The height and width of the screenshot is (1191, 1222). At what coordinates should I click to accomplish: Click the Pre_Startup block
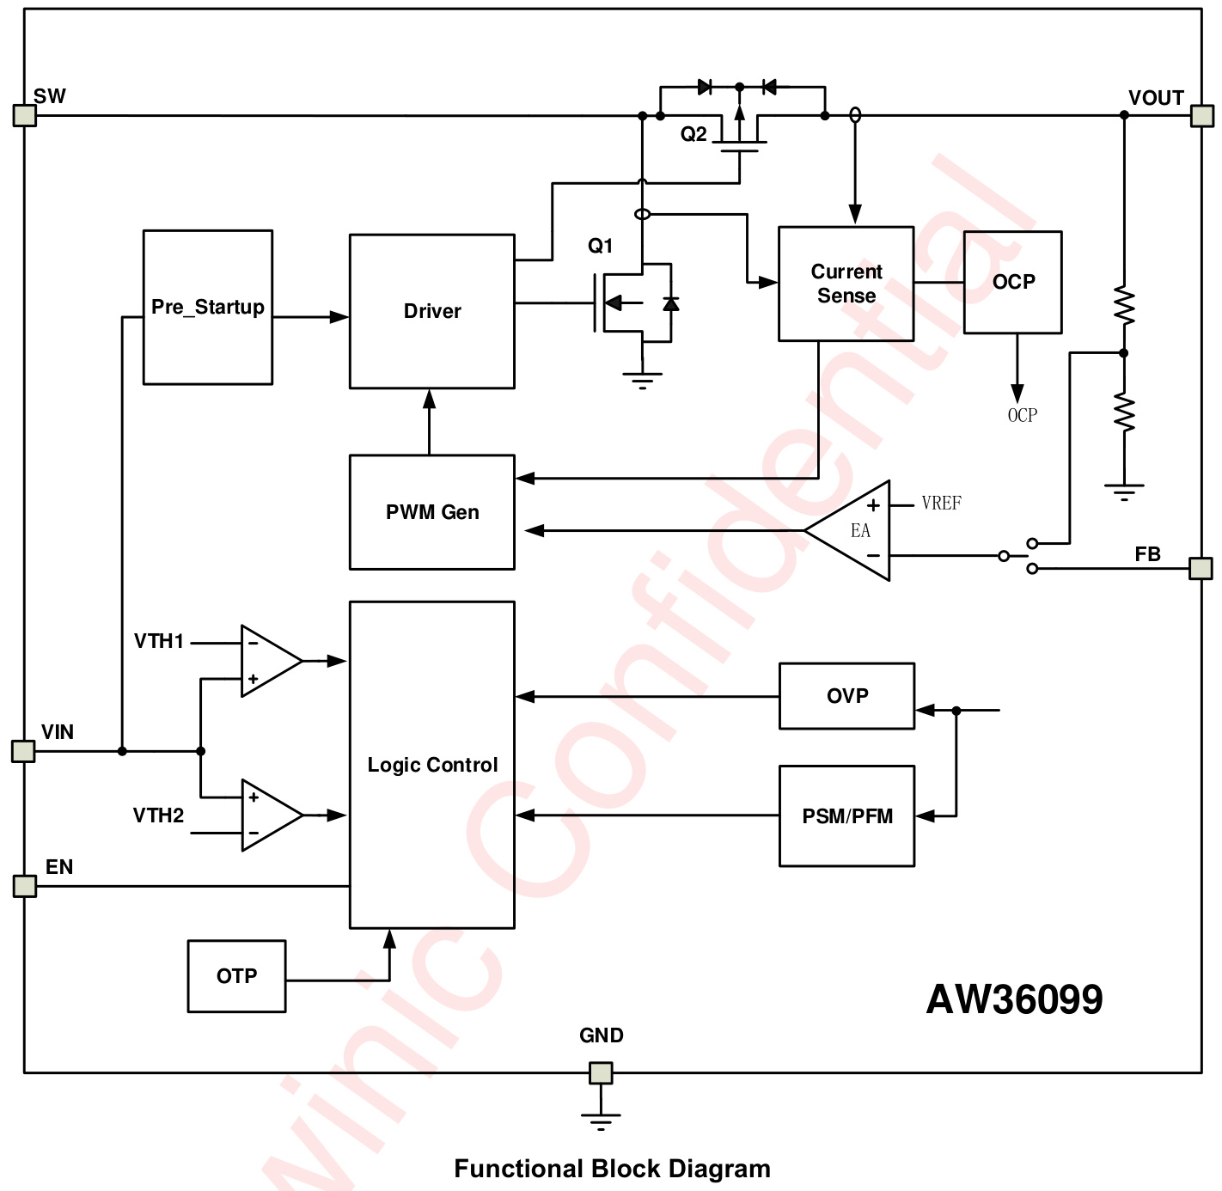coord(207,307)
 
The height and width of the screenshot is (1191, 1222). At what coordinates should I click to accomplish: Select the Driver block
coord(431,311)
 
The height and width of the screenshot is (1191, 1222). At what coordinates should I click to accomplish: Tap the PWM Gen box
coord(431,512)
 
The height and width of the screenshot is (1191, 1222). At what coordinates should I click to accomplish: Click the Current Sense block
coord(846,284)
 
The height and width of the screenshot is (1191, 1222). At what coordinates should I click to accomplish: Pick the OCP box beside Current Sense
coord(1012,282)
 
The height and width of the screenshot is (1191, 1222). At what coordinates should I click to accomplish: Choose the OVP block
coord(846,696)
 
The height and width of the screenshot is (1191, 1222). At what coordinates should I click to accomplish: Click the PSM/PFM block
coord(846,816)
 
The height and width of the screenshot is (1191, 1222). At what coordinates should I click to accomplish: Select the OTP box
coord(236,976)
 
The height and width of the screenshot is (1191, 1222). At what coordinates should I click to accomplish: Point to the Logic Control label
coord(432,765)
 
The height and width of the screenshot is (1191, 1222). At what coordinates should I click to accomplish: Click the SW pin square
coord(25,115)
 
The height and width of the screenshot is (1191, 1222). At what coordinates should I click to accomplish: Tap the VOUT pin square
coord(1201,115)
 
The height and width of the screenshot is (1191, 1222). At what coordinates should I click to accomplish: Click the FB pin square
coord(1201,568)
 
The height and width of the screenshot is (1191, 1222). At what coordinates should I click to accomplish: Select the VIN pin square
coord(23,751)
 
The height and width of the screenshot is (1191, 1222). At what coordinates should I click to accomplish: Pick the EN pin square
coord(25,885)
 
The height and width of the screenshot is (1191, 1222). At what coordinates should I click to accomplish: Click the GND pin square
coord(601,1072)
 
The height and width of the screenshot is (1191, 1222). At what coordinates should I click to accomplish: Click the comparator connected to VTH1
coord(268,661)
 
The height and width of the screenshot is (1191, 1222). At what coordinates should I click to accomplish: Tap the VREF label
coord(941,504)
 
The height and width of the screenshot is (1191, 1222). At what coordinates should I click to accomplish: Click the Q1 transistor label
coord(600,247)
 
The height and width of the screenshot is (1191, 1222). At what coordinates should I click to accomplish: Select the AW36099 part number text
coord(1014,999)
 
